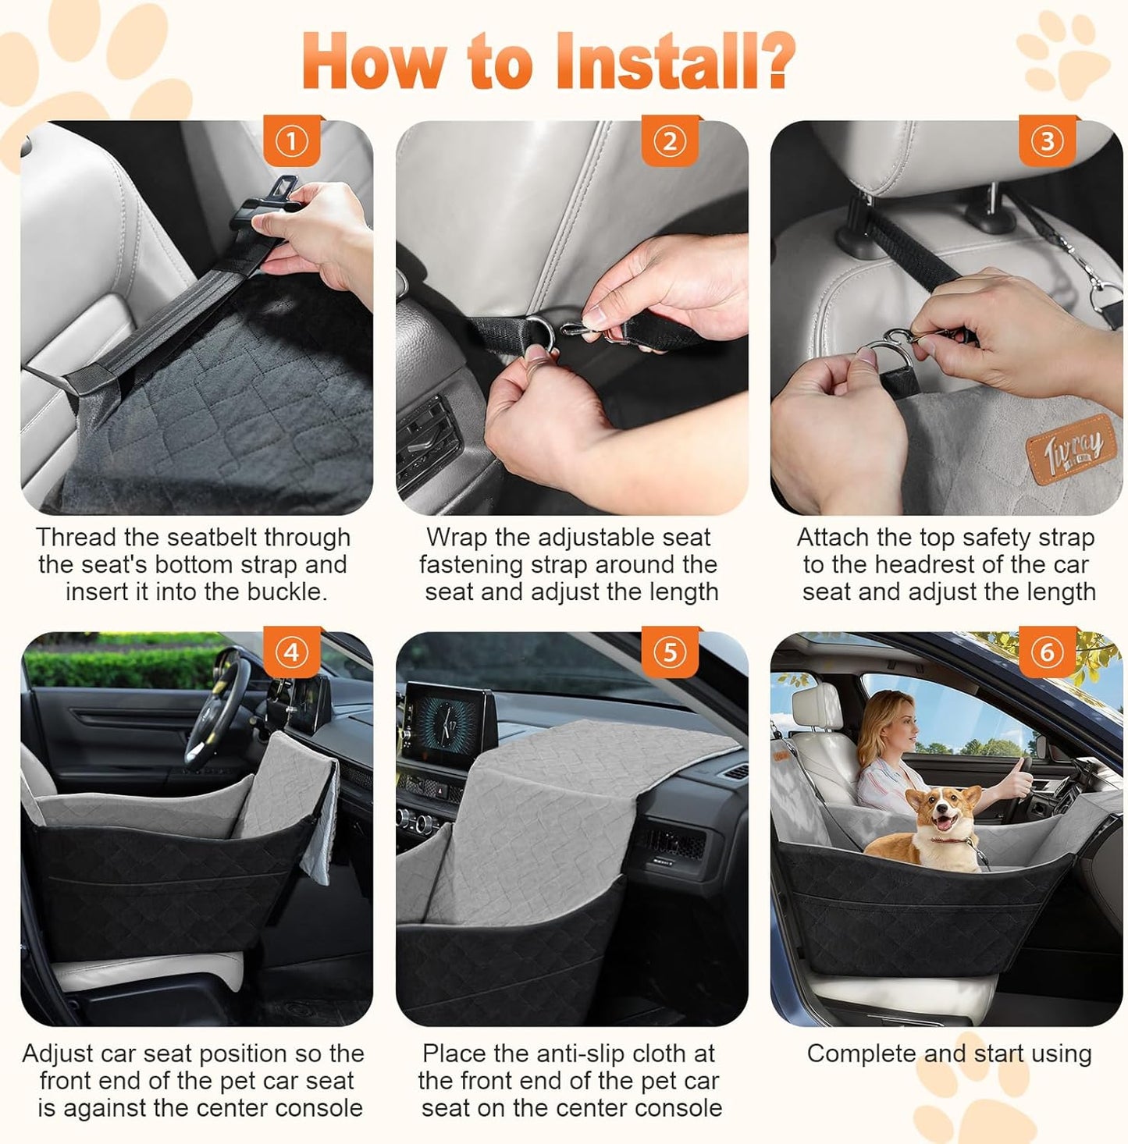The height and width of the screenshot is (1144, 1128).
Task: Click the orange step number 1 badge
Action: pos(291,141)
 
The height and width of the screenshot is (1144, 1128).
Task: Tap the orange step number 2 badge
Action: pos(670,141)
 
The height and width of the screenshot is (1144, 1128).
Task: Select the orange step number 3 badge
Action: pos(1048,141)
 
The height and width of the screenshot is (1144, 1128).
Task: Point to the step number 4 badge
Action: pos(291,652)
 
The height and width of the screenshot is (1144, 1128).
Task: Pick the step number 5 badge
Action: pos(670,652)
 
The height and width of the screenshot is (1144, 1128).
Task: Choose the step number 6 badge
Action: pos(1048,652)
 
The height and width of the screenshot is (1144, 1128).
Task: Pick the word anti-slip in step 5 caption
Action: pos(560,1053)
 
